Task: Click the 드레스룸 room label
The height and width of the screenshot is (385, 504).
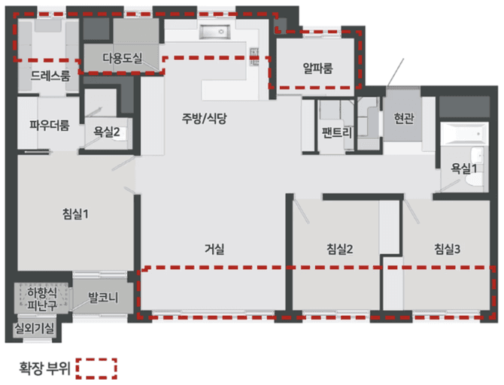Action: click(x=50, y=76)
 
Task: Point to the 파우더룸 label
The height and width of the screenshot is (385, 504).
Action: click(x=49, y=126)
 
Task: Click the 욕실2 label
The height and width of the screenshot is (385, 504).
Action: click(x=106, y=132)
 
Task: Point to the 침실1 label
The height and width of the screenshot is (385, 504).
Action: click(x=75, y=214)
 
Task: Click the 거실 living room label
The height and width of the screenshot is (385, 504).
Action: click(x=214, y=249)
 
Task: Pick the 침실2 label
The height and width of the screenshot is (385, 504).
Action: click(x=340, y=249)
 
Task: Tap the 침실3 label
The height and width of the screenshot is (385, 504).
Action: click(x=447, y=249)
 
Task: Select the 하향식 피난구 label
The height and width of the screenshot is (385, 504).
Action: click(x=42, y=299)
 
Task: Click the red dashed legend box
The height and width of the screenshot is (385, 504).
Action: click(x=97, y=368)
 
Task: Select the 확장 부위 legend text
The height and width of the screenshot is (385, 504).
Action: click(x=44, y=368)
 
